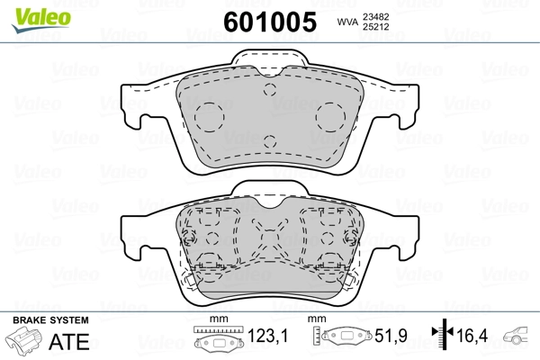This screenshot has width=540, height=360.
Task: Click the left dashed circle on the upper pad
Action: coord(210,115)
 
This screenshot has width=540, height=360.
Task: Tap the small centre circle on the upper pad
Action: coord(269,139)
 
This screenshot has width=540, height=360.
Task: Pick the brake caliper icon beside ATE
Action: coord(25,342)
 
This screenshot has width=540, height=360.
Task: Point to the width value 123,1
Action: coord(268,339)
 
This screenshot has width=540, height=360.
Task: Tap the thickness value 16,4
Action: coord(473,339)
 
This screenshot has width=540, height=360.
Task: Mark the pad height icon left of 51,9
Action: coord(342,338)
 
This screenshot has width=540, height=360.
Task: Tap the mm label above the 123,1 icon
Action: coord(216,320)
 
